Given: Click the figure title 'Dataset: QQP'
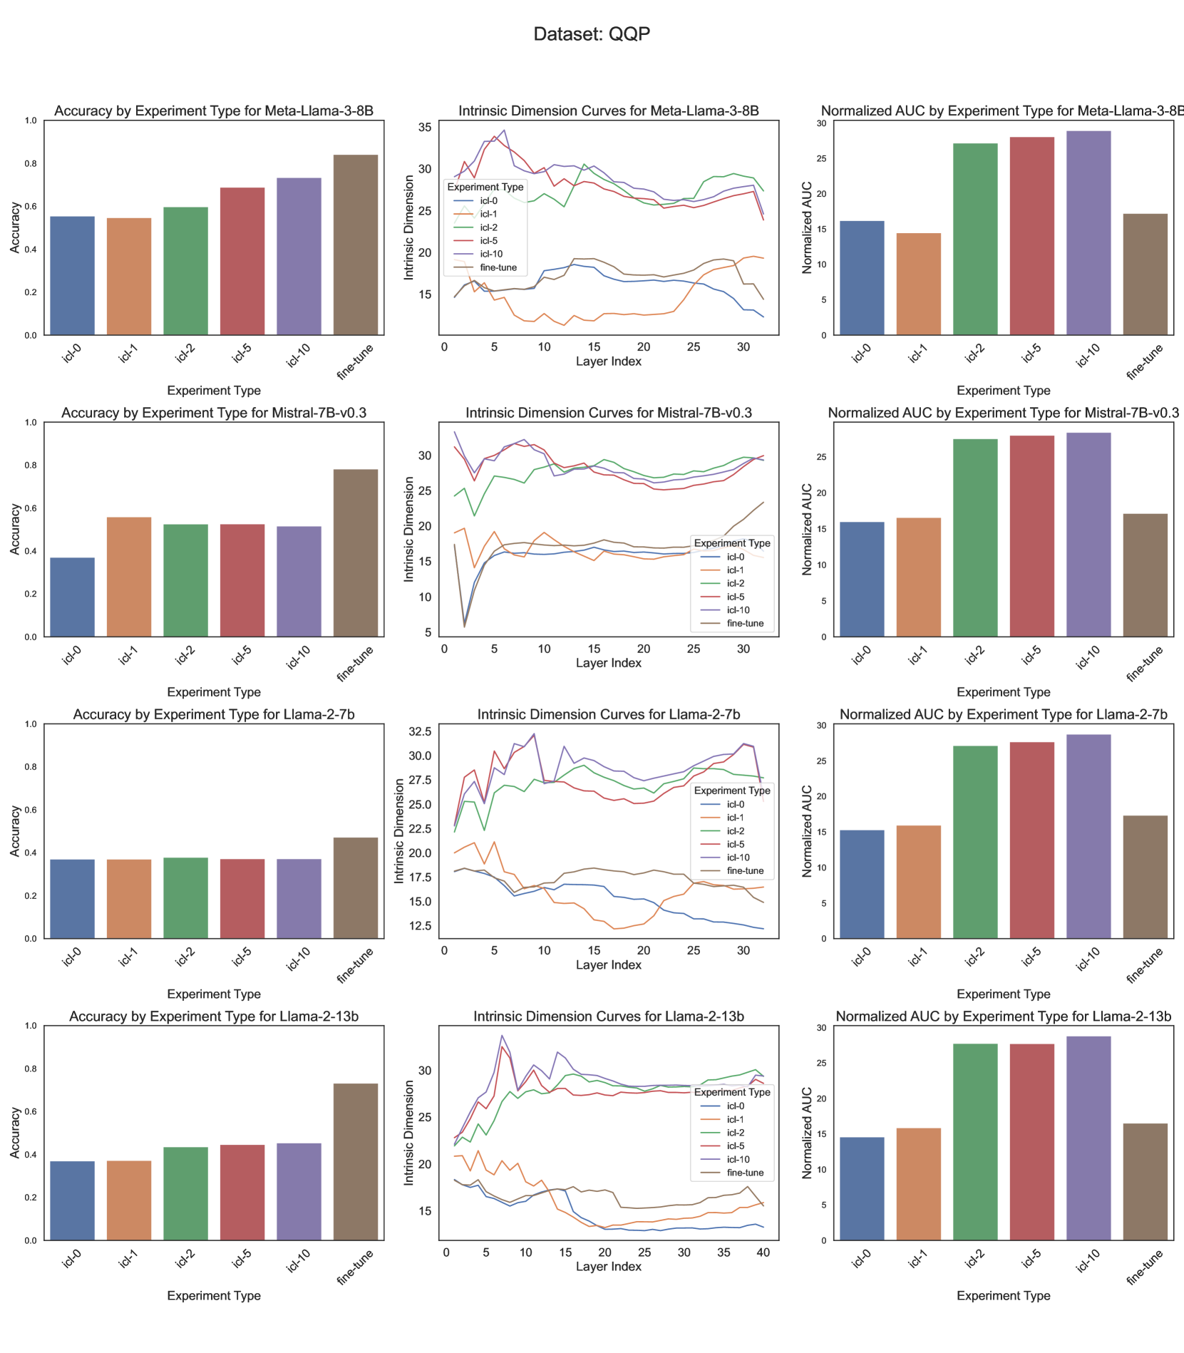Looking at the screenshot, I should pos(592,34).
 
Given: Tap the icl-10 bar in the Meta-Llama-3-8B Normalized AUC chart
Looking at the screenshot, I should pos(1088,233).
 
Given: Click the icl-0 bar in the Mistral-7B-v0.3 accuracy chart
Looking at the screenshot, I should pos(72,597).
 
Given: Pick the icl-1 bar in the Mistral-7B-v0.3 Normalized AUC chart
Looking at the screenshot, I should pos(918,577).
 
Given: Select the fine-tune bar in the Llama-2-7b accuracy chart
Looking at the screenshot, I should pos(356,888).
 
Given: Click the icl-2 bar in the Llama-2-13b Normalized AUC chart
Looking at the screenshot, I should pos(975,1142).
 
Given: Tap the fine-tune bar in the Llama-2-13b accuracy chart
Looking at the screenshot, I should pos(356,1162).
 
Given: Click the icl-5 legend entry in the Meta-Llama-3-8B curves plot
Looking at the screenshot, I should pos(488,241).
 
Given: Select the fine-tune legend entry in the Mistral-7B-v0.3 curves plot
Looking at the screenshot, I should pos(745,623).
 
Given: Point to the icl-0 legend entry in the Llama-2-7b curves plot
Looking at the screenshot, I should pos(735,804).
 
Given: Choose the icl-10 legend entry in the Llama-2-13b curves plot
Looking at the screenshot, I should pos(738,1159).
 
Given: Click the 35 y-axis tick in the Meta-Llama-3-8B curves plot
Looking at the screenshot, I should pos(425,128).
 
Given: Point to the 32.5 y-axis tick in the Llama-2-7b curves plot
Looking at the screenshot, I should pos(419,732).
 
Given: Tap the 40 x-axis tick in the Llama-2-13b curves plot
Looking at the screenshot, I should pos(763,1252).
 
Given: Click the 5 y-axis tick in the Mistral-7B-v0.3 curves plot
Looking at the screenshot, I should pos(428,632).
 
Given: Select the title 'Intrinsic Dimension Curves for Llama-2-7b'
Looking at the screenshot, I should pos(608,714).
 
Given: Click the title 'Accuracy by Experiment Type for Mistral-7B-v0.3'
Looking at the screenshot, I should pos(214,413).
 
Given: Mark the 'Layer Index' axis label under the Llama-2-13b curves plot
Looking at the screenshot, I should pos(608,1266).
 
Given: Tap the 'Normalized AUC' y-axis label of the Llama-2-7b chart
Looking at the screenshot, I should pos(807,831).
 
